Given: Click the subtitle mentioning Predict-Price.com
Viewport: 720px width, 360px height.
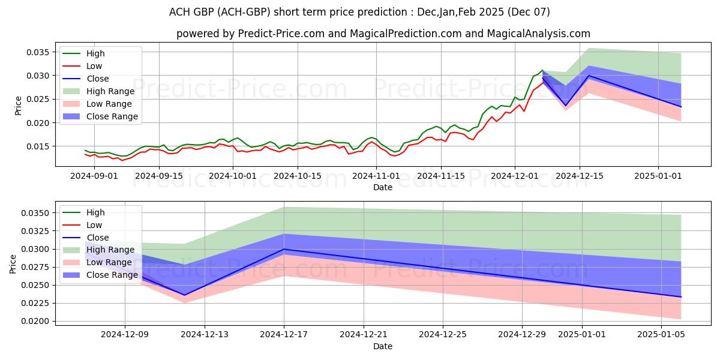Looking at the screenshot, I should (x=383, y=34).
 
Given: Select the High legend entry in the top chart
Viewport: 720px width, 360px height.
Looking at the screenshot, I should (x=95, y=53).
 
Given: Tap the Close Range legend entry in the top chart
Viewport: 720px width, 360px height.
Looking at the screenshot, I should (x=112, y=116).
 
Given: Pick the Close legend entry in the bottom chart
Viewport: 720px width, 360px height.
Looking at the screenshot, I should (x=98, y=238).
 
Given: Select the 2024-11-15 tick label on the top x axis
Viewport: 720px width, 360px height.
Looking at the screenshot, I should (x=441, y=176).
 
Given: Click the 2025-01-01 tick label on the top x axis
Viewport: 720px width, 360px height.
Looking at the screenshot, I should (x=658, y=176).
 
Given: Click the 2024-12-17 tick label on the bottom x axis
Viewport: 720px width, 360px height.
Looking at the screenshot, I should (x=284, y=335).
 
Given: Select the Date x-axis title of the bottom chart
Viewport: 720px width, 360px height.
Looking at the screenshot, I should (x=383, y=346).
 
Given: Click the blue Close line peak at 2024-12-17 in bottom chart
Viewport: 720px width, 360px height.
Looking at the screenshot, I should (x=284, y=249).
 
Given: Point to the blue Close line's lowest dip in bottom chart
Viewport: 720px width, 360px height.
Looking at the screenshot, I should (x=184, y=295).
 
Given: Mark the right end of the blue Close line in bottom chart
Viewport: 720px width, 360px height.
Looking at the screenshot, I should (x=681, y=297).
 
